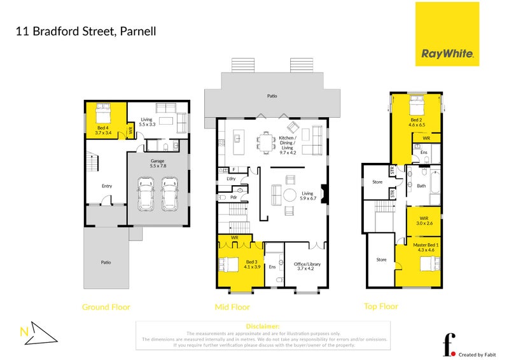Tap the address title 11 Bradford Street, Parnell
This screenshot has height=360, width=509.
pyautogui.click(x=85, y=31)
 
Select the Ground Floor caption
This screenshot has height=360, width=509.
pyautogui.click(x=106, y=307)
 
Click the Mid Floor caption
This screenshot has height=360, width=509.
pyautogui.click(x=232, y=307)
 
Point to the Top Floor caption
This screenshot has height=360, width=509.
pyautogui.click(x=380, y=307)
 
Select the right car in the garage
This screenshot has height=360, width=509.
pyautogui.click(x=169, y=194)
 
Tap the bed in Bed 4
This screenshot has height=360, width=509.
pyautogui.click(x=104, y=116)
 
